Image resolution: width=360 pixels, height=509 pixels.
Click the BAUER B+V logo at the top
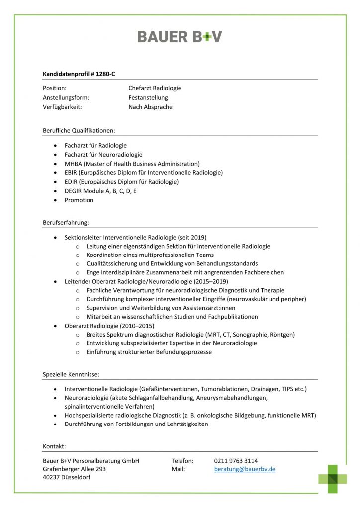click(x=180, y=36)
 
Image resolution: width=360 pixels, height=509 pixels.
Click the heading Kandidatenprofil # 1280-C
click(x=79, y=74)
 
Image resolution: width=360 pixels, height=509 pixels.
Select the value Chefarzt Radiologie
click(x=155, y=88)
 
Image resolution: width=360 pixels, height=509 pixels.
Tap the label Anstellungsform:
click(x=66, y=98)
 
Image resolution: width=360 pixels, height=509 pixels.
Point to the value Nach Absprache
click(x=150, y=107)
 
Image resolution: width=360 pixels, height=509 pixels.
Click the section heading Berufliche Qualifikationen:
click(x=79, y=131)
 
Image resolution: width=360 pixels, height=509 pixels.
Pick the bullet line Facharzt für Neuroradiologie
click(x=103, y=155)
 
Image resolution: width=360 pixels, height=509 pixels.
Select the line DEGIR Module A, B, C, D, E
click(x=100, y=191)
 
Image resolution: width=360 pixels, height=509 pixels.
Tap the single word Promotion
click(x=79, y=200)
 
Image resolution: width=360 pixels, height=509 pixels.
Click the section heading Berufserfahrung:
click(x=66, y=223)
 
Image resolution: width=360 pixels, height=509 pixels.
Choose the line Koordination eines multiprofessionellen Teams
click(x=150, y=255)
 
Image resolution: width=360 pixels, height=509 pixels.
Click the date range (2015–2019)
click(x=208, y=281)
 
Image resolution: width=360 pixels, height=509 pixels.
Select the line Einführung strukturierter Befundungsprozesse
click(x=149, y=352)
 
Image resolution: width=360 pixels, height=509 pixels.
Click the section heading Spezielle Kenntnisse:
click(x=71, y=374)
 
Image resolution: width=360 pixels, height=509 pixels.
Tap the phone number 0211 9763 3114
click(x=236, y=461)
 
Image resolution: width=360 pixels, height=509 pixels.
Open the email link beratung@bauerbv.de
click(x=245, y=469)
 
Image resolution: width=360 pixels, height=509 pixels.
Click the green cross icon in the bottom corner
click(x=333, y=478)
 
